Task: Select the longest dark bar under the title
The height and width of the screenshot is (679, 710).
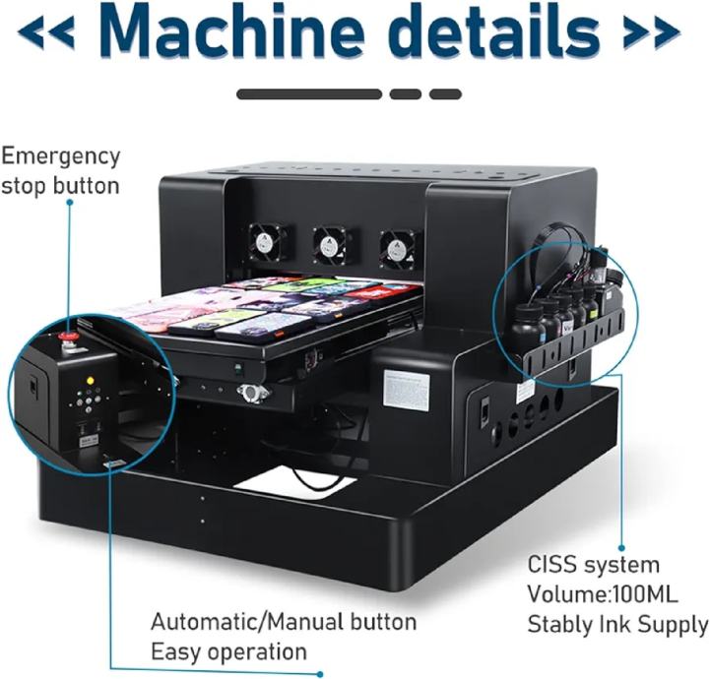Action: [309, 94]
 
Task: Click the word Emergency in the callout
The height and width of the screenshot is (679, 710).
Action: [61, 155]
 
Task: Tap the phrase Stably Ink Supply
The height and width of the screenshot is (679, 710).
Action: [617, 624]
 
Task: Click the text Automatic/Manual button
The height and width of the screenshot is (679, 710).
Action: [284, 622]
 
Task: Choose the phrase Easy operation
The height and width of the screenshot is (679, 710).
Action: [228, 651]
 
